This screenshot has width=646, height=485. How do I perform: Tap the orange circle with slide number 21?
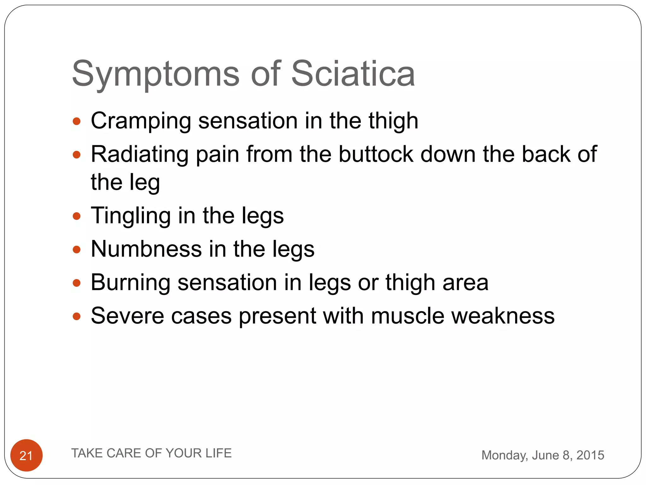[x=26, y=455]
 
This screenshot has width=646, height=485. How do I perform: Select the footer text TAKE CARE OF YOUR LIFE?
[x=151, y=453]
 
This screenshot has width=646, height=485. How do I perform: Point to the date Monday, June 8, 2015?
[x=543, y=455]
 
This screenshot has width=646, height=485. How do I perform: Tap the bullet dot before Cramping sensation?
[x=77, y=121]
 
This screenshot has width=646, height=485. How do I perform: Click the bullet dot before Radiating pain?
[x=77, y=155]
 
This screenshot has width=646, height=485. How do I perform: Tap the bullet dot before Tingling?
[x=77, y=216]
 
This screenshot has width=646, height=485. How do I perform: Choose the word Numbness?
[x=146, y=249]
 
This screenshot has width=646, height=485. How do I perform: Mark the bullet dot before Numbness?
[x=77, y=250]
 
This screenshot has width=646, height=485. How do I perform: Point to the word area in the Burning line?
[x=465, y=283]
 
